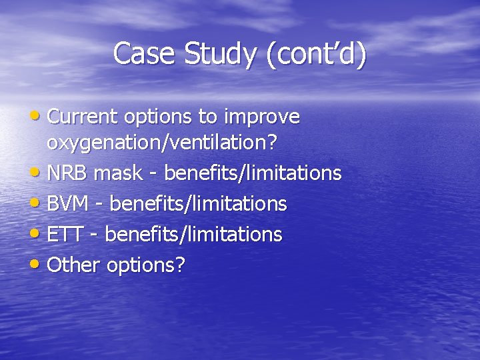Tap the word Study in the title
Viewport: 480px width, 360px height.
coord(219,54)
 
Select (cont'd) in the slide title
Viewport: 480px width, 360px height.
coord(316,54)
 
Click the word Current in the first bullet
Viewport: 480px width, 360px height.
coord(83,117)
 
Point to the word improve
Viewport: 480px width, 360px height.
coord(262,118)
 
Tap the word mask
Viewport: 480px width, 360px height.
coord(118,173)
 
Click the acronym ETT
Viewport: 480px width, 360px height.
coord(65,234)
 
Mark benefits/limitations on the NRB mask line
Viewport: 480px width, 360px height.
coord(253,173)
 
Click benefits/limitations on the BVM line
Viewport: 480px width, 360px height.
coord(198,203)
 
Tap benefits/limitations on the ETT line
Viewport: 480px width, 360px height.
coord(193,234)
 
